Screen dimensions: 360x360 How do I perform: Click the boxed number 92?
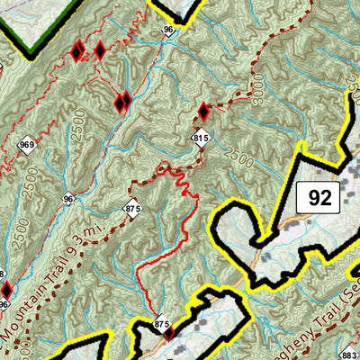point(319,197)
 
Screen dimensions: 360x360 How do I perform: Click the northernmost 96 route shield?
point(168,31)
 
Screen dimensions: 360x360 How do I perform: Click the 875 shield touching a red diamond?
point(162,324)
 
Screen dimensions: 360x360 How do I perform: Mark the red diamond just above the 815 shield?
point(203,112)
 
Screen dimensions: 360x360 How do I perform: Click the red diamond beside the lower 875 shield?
point(169,335)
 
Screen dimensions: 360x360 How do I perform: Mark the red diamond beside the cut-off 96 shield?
point(7,290)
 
